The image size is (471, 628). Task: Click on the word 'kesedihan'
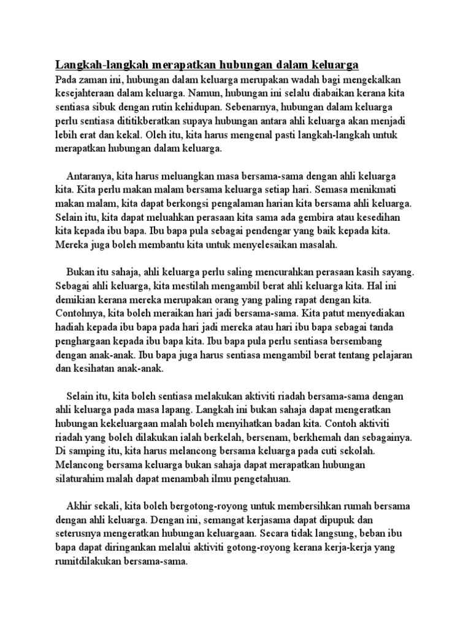tap(389, 217)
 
